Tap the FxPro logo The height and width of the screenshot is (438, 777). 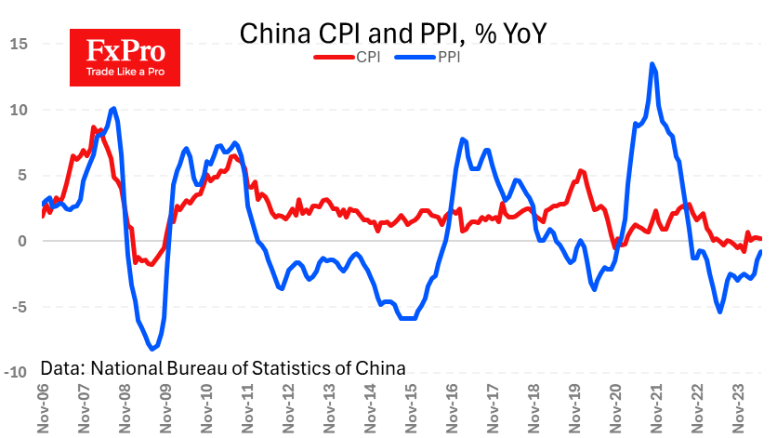click(x=124, y=57)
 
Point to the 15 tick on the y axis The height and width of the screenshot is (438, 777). click(x=20, y=44)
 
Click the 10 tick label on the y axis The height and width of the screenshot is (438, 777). click(x=20, y=110)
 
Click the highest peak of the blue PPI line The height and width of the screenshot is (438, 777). click(x=652, y=64)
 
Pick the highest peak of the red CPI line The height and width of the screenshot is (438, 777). click(x=93, y=127)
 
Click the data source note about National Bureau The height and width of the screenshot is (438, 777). click(x=223, y=367)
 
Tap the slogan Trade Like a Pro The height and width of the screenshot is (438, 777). click(x=124, y=71)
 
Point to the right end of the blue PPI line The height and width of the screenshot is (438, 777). click(x=761, y=251)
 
